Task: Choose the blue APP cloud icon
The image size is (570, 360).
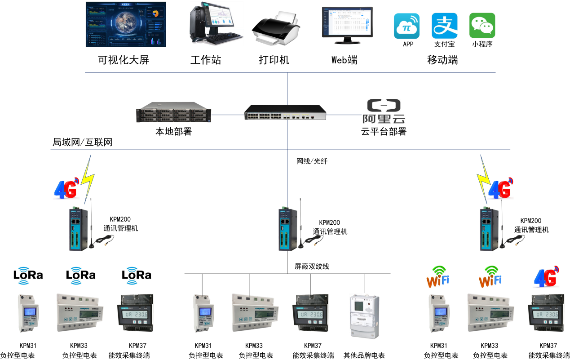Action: [x=407, y=26]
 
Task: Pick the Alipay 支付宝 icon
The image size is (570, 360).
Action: [x=444, y=26]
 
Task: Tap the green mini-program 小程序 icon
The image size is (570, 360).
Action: [x=482, y=26]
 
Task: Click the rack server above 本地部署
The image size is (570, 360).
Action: [x=173, y=113]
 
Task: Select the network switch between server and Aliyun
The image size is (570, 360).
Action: [x=285, y=112]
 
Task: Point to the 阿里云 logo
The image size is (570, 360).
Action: [x=384, y=112]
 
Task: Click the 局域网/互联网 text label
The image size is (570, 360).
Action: [x=83, y=143]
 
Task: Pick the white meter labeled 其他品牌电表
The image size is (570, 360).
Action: [x=364, y=316]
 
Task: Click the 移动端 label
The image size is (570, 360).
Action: [x=442, y=60]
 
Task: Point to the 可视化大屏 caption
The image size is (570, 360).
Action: [x=124, y=60]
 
